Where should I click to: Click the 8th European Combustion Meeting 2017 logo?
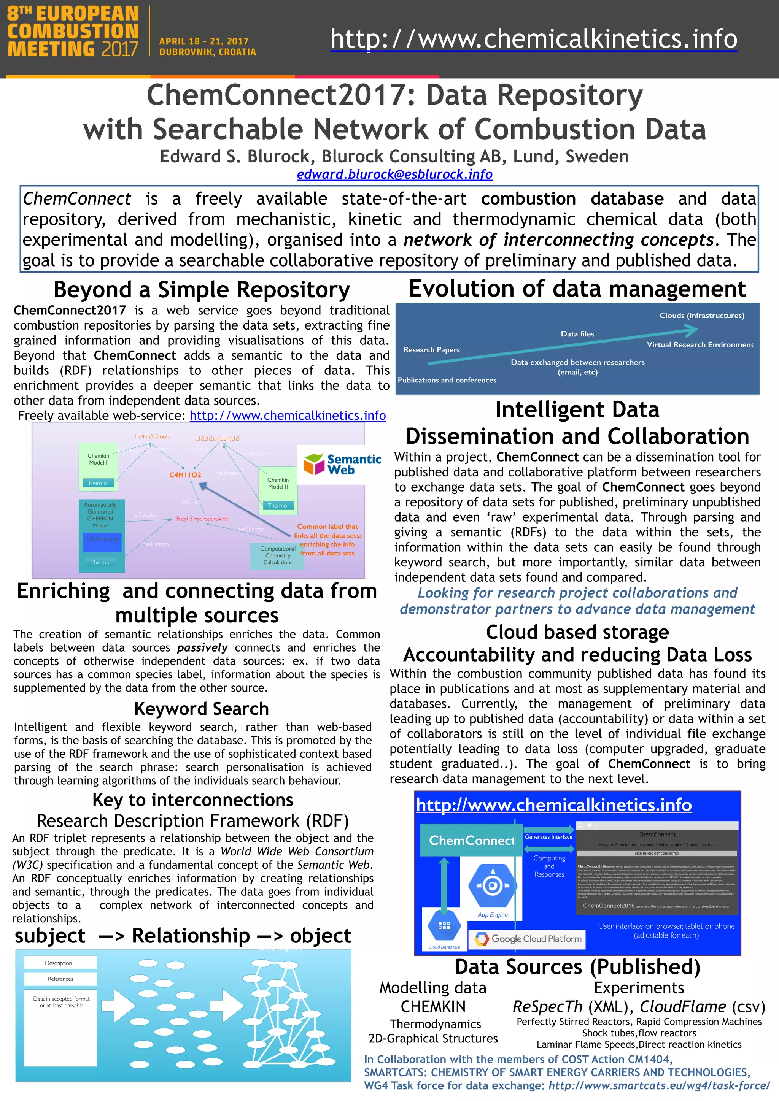pos(73,32)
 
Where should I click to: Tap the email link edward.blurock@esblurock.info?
pos(394,174)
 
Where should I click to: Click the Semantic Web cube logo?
pos(315,464)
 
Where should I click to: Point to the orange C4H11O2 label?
pos(185,475)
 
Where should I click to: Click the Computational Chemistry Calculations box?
pos(277,555)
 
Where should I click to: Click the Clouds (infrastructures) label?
pos(702,316)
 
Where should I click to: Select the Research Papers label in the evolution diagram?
pos(431,350)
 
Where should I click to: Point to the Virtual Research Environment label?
pos(700,345)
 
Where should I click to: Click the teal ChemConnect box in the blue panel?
pos(471,840)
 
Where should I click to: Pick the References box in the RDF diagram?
pos(60,979)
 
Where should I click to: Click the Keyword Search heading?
pos(202,709)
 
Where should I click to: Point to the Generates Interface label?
pos(548,837)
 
